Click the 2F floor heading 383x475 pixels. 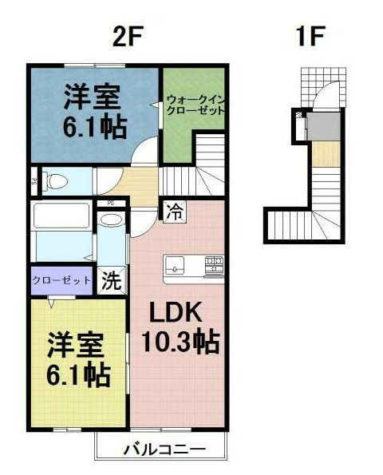128,35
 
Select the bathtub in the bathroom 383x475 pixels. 61,216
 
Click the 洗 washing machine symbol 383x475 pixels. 113,280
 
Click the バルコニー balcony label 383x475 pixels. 164,448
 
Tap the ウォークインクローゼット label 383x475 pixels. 194,105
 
